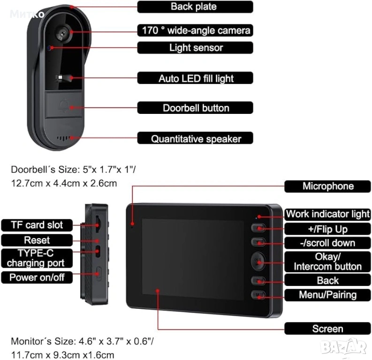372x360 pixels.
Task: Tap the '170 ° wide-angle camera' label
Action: pos(195,30)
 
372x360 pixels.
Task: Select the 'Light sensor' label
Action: pos(195,47)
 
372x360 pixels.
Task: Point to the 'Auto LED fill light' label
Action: pos(195,78)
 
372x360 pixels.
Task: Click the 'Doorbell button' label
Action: pos(195,108)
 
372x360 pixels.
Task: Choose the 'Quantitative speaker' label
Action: pos(195,138)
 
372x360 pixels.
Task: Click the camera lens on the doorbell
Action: pos(62,32)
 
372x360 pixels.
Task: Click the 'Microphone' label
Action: pos(327,186)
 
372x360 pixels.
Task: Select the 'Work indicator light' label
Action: pos(327,214)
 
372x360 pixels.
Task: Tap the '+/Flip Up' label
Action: pos(327,229)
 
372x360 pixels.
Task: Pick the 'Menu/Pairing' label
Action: pos(327,295)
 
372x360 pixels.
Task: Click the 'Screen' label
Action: pos(327,329)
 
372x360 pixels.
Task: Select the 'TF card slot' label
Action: pos(37,225)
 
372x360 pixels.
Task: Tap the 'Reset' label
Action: pos(37,240)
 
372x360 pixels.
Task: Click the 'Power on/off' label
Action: pos(37,277)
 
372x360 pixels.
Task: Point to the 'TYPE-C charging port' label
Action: pos(37,258)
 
